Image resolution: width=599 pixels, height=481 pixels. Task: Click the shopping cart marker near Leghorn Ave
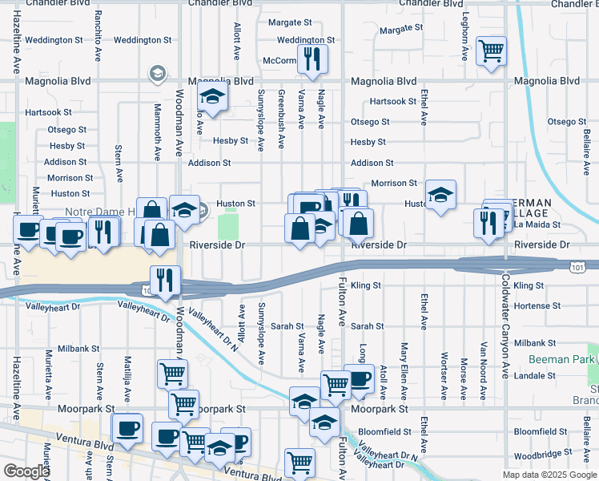491,51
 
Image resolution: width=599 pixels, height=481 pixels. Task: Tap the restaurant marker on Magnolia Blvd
312,58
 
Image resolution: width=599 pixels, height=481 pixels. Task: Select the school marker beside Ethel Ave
440,195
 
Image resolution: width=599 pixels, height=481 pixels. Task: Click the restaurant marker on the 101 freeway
165,280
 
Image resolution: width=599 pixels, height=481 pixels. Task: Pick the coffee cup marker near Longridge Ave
359,378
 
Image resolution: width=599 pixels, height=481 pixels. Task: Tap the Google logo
26,471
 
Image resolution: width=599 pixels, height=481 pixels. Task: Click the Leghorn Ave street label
464,38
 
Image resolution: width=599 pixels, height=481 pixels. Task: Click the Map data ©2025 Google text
549,475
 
